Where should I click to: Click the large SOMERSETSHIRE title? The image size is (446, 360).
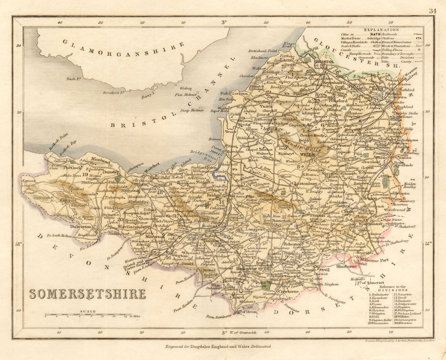[87, 294]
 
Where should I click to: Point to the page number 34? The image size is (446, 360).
[433, 11]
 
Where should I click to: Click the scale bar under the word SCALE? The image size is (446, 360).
[87, 316]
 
